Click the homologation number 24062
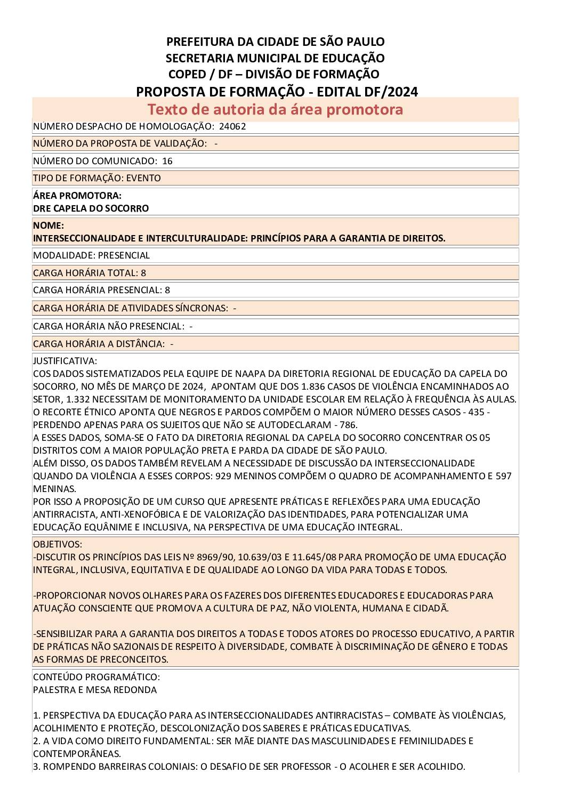(x=232, y=126)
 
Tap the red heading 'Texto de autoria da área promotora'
(x=275, y=109)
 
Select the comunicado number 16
(x=167, y=161)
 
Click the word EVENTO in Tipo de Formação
(x=143, y=178)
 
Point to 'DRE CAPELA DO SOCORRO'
(x=91, y=208)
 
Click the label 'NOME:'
(x=49, y=225)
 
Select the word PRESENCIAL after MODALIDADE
(x=124, y=255)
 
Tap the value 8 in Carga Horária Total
(x=143, y=273)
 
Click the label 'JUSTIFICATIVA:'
(x=65, y=361)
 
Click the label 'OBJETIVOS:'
(x=58, y=544)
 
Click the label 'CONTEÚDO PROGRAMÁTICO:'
(x=96, y=677)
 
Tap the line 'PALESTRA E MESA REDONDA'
(x=95, y=690)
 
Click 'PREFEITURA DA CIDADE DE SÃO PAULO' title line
(x=275, y=42)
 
